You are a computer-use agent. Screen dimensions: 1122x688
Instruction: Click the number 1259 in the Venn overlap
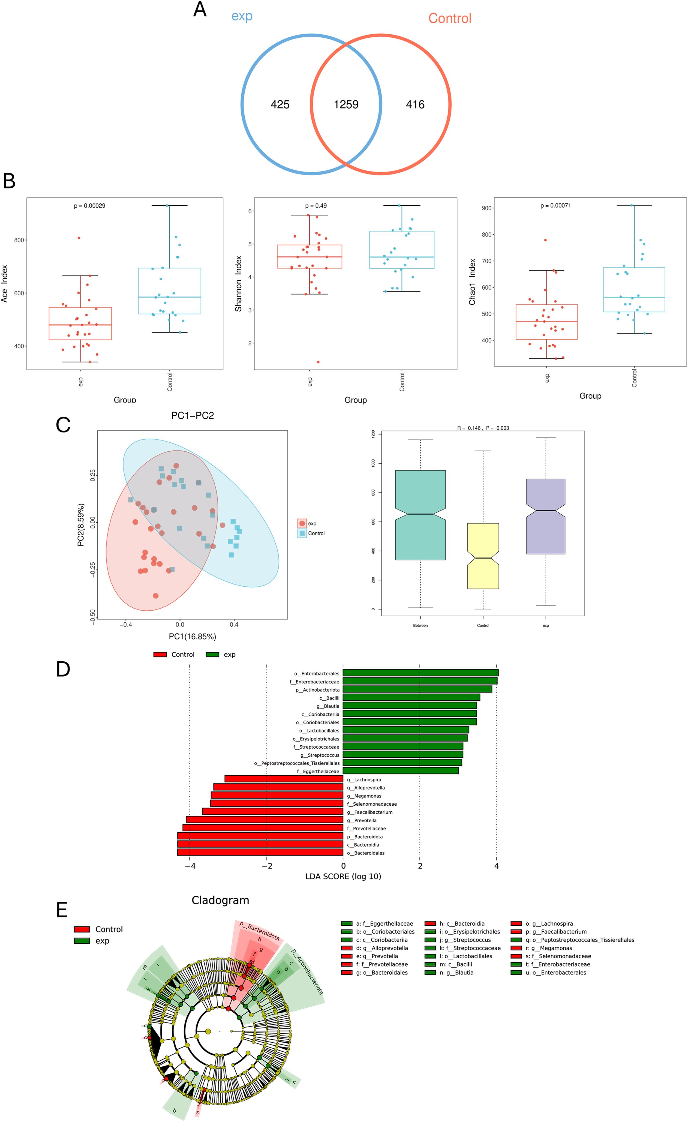point(346,105)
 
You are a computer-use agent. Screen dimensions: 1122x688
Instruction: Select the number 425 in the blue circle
point(280,105)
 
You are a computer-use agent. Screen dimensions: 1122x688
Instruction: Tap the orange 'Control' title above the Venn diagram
point(449,18)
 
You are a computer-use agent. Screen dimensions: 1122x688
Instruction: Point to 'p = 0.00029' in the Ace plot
point(90,206)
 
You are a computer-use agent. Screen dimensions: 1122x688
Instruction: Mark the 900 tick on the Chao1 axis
point(486,208)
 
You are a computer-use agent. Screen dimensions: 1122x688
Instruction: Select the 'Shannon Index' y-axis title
point(238,283)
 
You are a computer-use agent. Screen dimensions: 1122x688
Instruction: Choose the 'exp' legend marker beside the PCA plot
point(302,524)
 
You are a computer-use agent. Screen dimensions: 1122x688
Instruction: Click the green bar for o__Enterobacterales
point(420,673)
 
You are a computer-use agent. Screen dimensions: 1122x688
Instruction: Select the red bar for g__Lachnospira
point(284,779)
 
